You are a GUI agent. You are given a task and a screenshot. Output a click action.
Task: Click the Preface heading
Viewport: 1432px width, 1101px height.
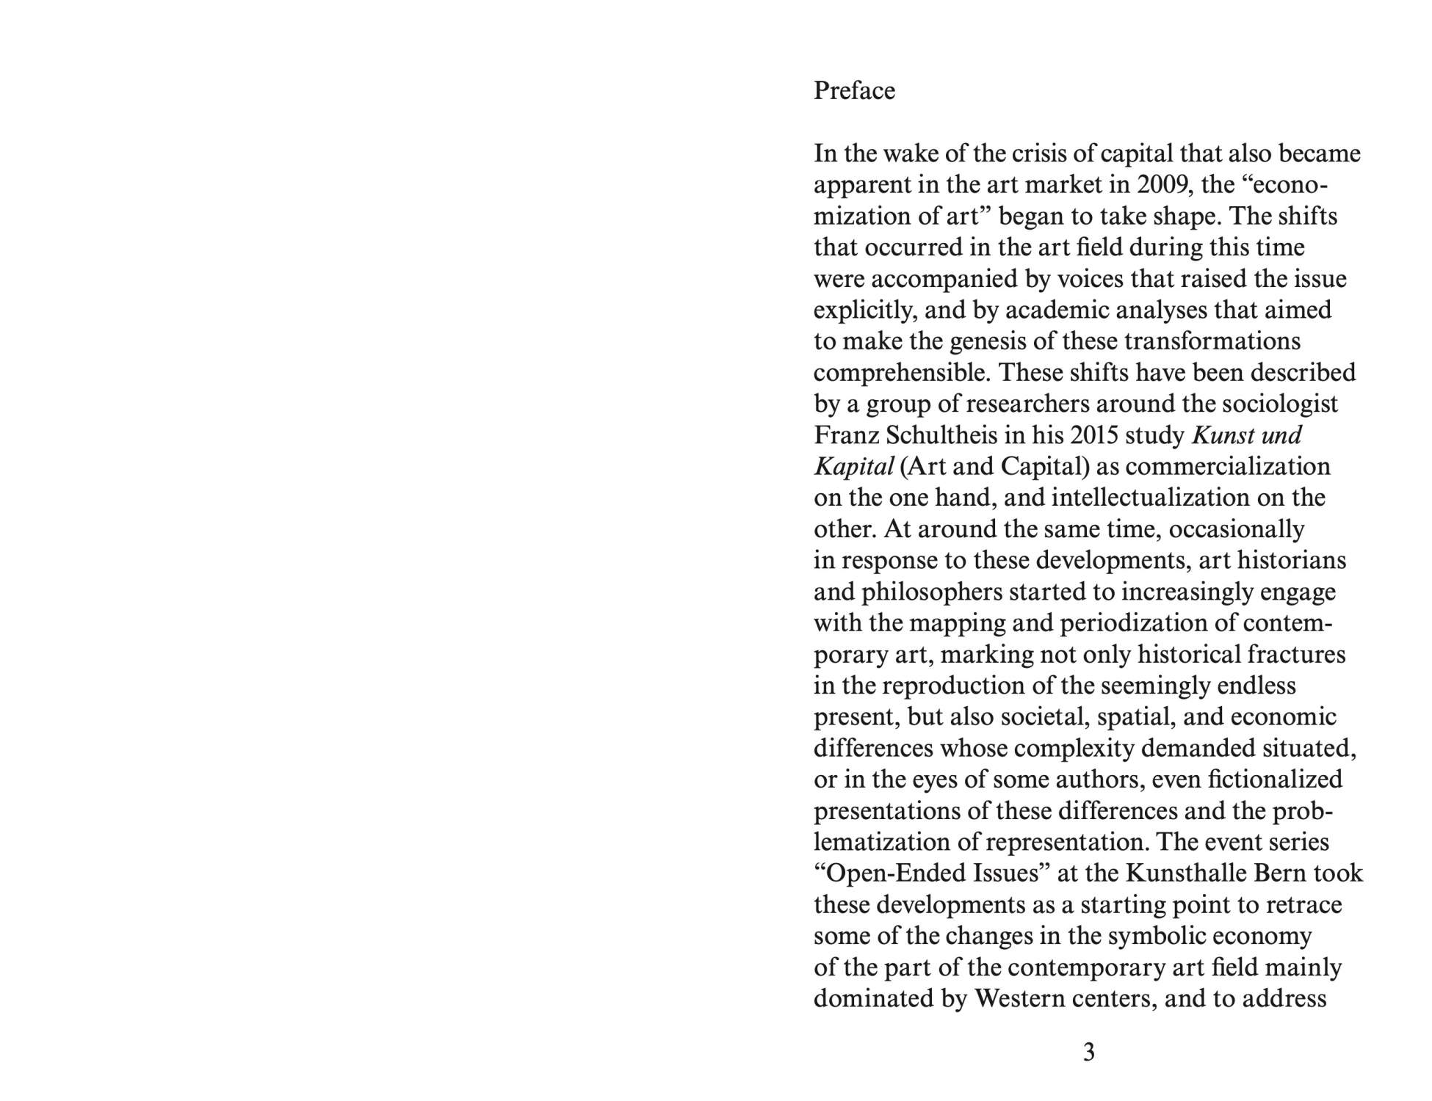854,91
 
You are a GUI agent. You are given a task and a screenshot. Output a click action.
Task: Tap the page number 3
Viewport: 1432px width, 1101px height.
1088,1053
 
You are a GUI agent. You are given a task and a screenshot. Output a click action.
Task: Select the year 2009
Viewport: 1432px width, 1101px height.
1162,185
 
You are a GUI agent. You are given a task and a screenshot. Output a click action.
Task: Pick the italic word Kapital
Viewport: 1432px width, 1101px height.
853,467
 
